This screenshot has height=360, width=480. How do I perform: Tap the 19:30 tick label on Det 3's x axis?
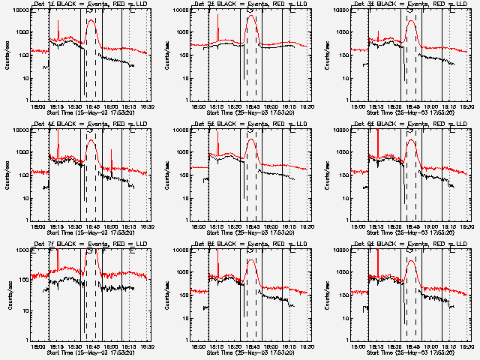click(x=467, y=106)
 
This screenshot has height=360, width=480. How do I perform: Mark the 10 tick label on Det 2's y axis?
click(x=186, y=77)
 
